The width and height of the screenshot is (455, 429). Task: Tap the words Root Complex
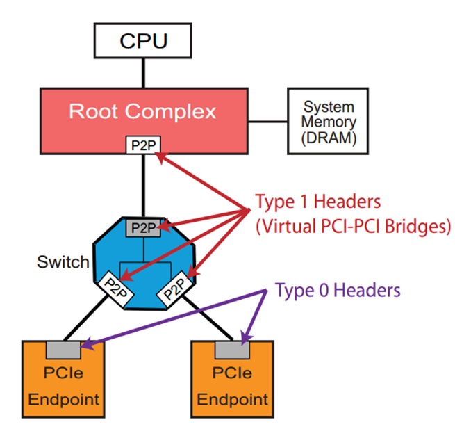(142, 111)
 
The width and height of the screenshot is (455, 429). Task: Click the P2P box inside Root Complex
(142, 145)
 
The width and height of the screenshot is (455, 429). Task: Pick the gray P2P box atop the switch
(143, 227)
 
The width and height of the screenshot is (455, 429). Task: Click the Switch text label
(63, 262)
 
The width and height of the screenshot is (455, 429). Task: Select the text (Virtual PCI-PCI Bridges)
(353, 227)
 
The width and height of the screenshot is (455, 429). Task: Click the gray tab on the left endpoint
(64, 347)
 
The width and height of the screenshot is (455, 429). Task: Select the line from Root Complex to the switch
(143, 184)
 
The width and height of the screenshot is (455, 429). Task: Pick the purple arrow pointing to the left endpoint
(174, 317)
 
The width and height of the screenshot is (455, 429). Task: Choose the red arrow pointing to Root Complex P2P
(201, 181)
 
